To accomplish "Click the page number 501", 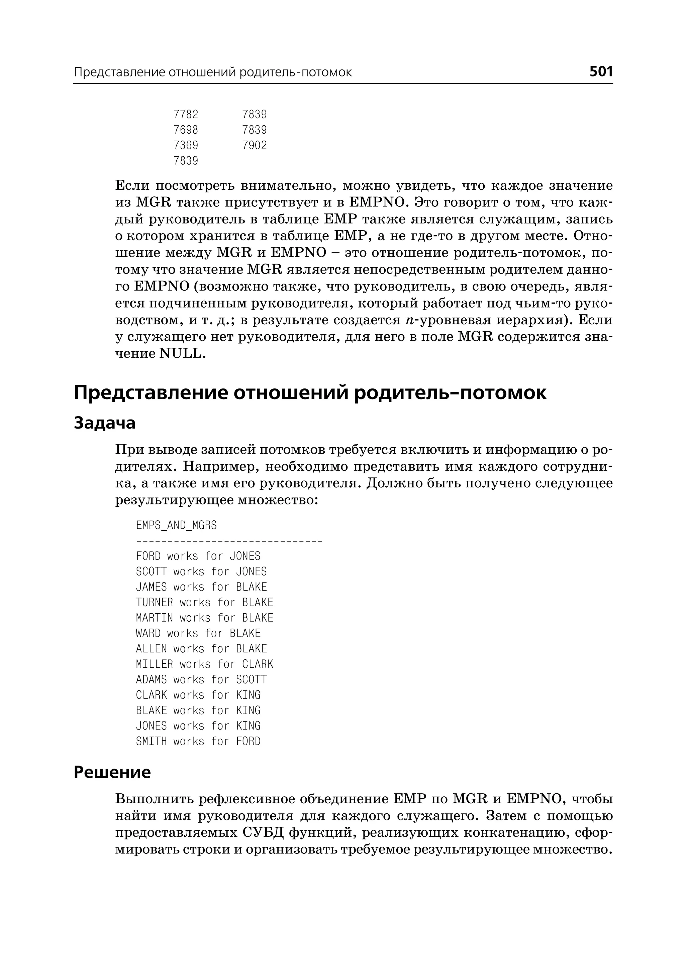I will click(601, 71).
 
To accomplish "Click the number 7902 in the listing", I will click(254, 145).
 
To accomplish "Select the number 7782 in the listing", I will click(186, 115).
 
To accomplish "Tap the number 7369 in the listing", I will click(186, 145).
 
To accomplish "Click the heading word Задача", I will click(105, 423).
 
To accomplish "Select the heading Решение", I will click(112, 772).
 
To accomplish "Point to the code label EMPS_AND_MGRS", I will click(176, 525).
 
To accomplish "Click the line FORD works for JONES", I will click(198, 556).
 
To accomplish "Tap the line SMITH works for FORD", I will click(198, 741).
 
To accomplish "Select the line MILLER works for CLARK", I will click(205, 664).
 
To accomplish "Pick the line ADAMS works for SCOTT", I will click(201, 679).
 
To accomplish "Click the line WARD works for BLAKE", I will click(198, 633).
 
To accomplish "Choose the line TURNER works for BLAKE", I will click(205, 603).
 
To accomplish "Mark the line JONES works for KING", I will click(198, 726).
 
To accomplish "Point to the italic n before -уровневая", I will click(409, 321).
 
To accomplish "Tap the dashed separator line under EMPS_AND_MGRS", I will click(229, 541).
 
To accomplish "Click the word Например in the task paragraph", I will click(219, 467).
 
